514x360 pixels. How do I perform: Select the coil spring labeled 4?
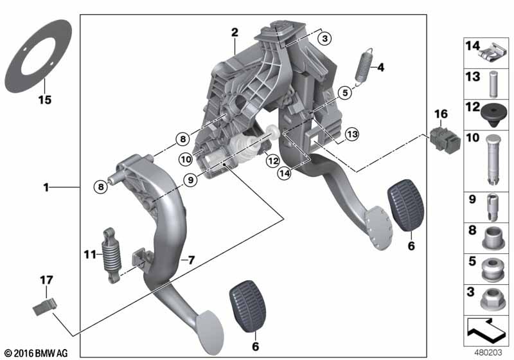[364, 67]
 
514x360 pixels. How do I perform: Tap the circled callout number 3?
[324, 39]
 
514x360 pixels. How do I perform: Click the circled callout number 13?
[351, 134]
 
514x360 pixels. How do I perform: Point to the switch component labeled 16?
[445, 140]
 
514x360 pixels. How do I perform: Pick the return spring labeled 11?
[112, 255]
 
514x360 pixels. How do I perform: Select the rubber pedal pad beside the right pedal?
[405, 205]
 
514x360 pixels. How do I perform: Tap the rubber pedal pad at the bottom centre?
[247, 306]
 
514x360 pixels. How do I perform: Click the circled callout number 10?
[186, 159]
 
